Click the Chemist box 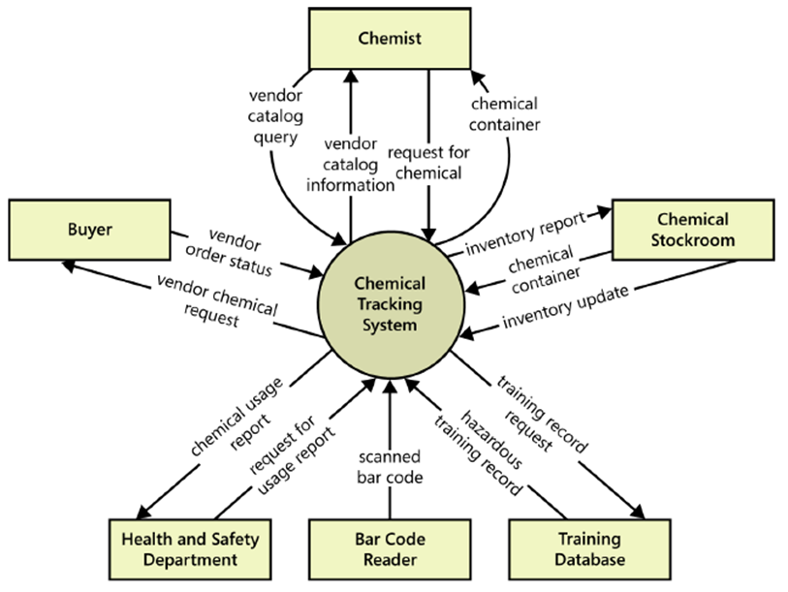pos(390,39)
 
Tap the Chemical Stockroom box pos(692,230)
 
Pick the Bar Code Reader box pos(389,549)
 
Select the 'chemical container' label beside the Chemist pos(504,113)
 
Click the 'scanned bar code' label pos(390,465)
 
